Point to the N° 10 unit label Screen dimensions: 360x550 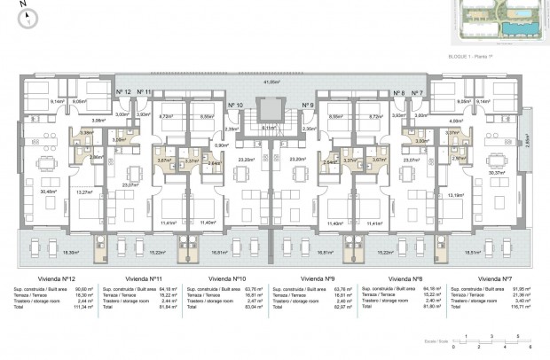[235, 106]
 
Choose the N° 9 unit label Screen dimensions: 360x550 [308, 106]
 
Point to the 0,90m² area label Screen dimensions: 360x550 [222, 145]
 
